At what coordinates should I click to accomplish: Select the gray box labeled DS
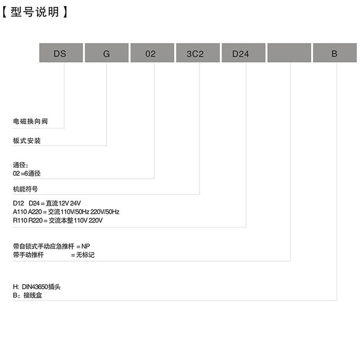point(61,53)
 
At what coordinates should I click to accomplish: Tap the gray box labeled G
point(107,53)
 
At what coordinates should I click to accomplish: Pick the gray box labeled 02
point(152,53)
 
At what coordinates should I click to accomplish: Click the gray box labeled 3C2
point(198,53)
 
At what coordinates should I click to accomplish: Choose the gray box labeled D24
point(243,53)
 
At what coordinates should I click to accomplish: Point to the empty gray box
point(289,53)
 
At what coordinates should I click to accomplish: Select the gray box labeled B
point(334,53)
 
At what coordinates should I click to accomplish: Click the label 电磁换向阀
point(30,121)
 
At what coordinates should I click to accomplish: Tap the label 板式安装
point(27,141)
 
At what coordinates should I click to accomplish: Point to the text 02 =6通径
point(27,173)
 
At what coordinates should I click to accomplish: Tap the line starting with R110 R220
point(58,220)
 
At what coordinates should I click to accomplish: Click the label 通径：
point(21,165)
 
